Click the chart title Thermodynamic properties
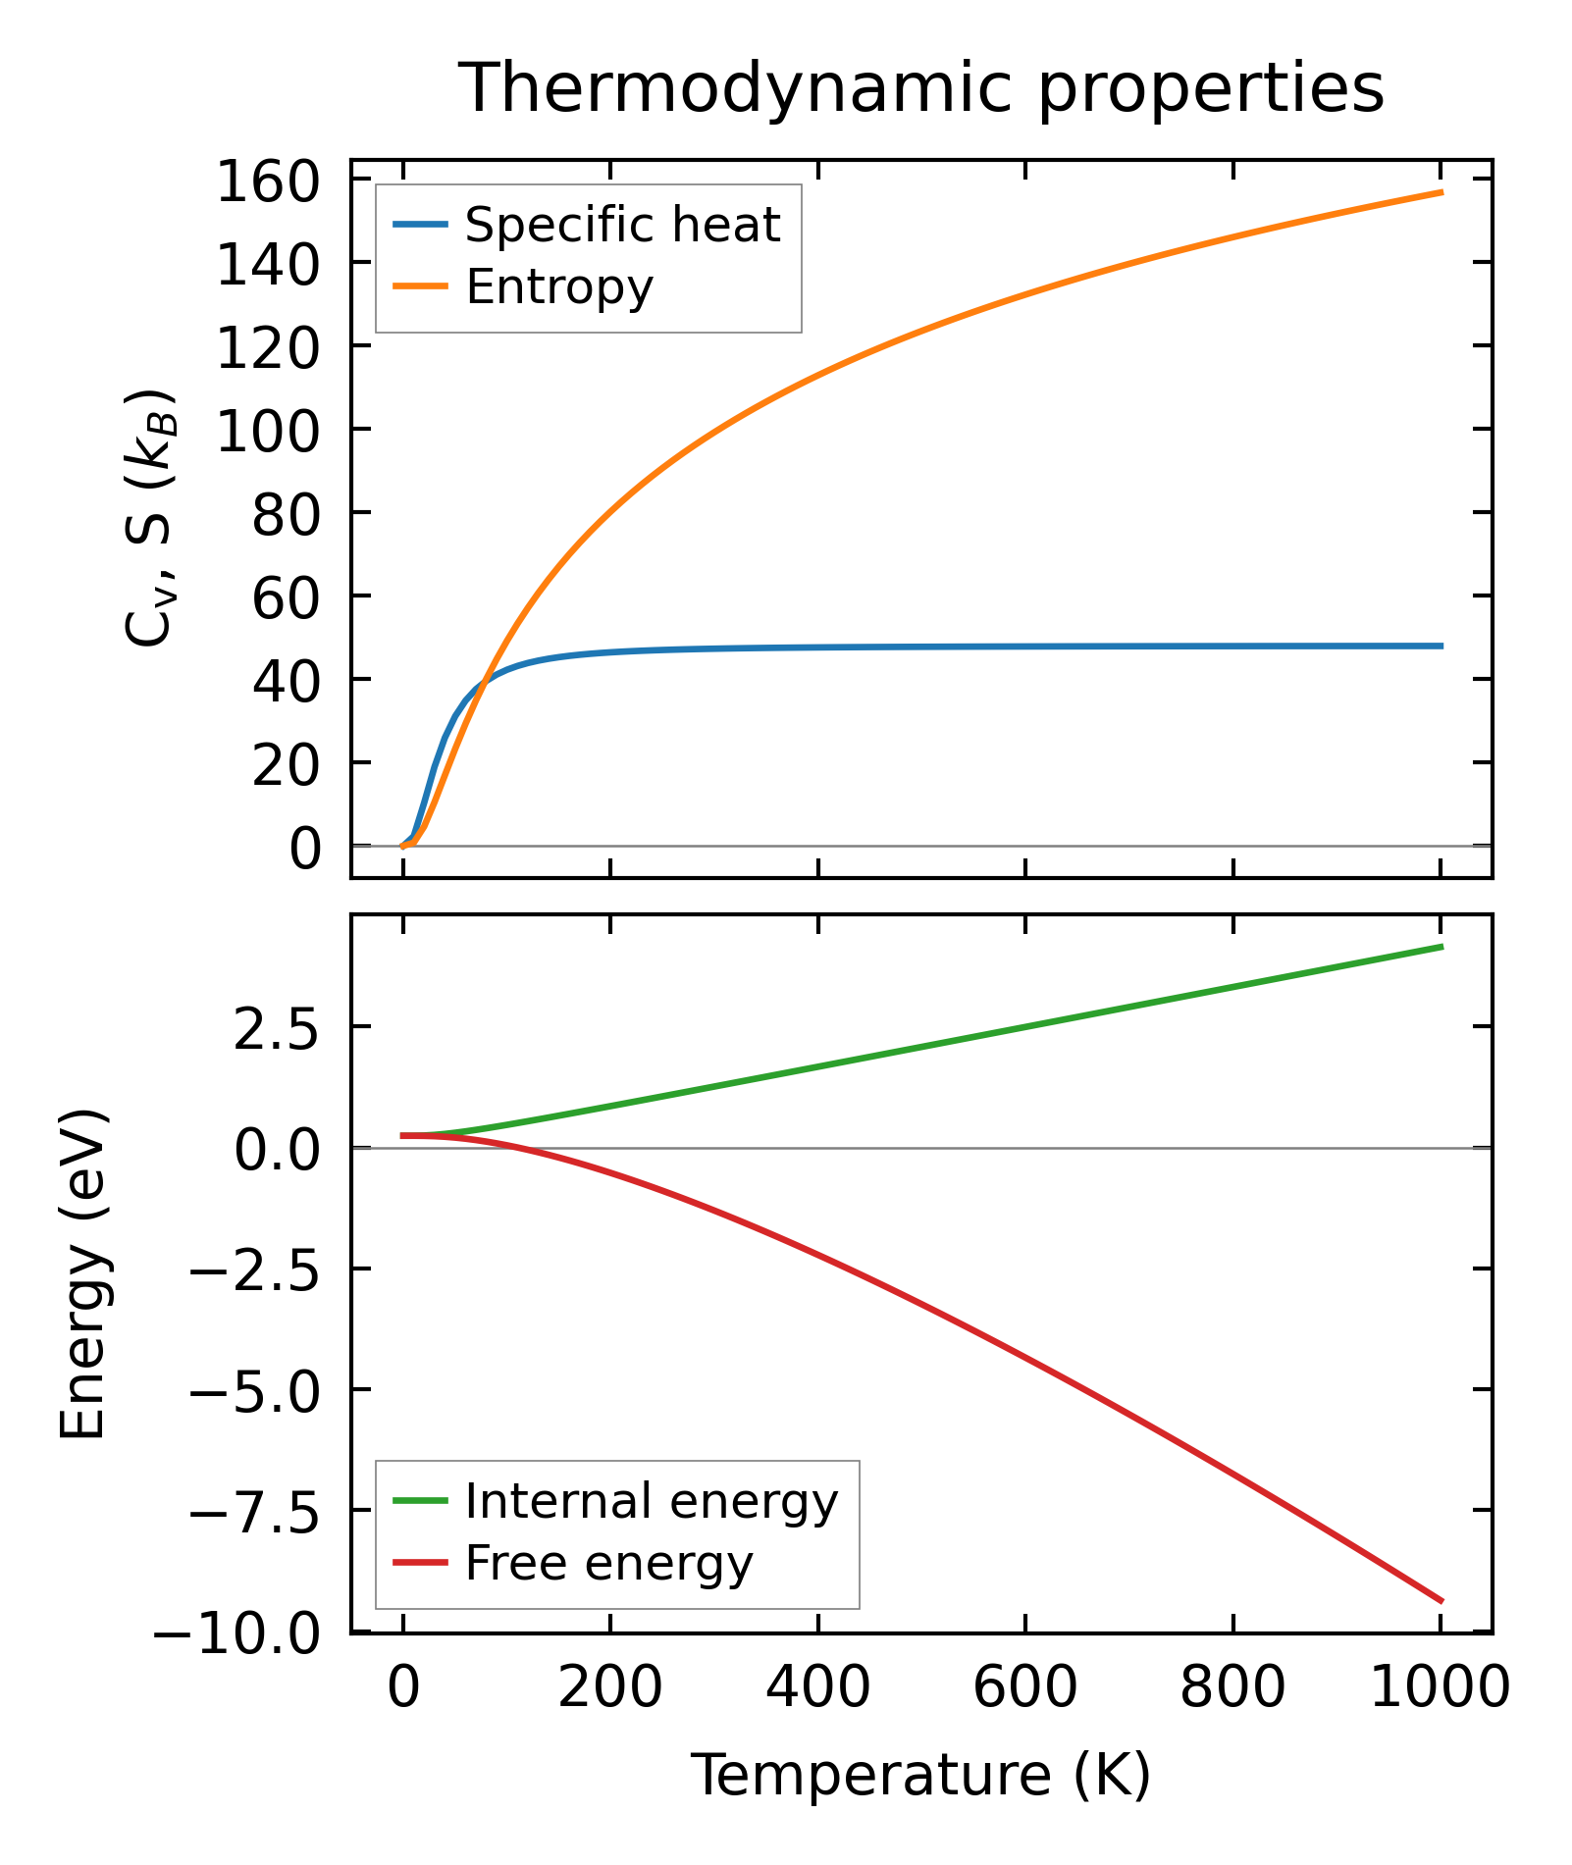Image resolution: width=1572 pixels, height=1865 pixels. coord(920,88)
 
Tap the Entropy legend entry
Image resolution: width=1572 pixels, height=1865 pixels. coord(558,286)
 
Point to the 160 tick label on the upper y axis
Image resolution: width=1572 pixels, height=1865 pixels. coord(268,182)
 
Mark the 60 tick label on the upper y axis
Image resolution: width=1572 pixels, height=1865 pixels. coord(286,598)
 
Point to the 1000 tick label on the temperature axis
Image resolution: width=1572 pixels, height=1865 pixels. coord(1439,1689)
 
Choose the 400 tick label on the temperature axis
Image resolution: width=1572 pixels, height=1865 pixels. coord(817,1689)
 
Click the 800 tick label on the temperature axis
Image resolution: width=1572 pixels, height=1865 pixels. coord(1232,1689)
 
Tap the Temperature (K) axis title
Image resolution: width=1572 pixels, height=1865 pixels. coord(920,1776)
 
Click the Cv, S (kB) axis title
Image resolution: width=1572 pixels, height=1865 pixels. coord(149,518)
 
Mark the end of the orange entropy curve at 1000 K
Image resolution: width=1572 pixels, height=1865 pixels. coord(1441,192)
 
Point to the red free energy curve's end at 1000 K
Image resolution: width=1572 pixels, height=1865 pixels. coord(1441,1601)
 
